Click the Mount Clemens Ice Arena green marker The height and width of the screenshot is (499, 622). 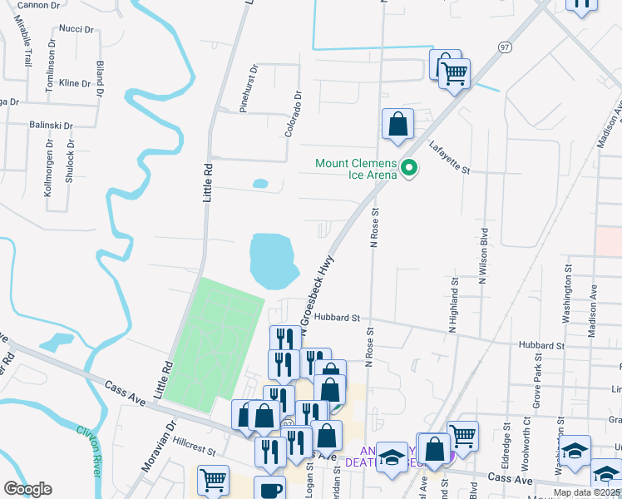[409, 169]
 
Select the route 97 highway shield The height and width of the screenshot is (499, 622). [506, 48]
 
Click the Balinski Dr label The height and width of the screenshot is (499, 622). [52, 126]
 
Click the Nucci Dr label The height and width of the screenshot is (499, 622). [77, 29]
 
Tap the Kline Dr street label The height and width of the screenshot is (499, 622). [75, 83]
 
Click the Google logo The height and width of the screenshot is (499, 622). [28, 488]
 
